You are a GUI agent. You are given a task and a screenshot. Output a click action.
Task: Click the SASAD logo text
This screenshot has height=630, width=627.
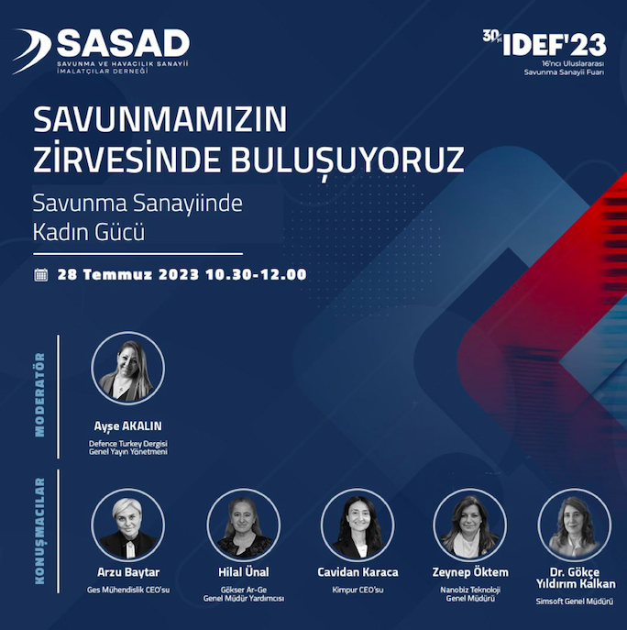point(124,43)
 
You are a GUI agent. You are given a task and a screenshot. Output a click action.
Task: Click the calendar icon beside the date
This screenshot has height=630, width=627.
point(41,275)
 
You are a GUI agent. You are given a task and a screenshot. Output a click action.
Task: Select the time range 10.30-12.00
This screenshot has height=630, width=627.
point(257,274)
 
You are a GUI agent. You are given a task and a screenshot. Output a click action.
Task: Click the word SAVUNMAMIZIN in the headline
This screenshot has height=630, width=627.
point(159,119)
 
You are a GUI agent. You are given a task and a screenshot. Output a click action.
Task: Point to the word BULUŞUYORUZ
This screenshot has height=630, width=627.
point(347,160)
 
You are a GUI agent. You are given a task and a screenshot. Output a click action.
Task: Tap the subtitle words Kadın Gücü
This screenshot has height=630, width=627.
point(88,232)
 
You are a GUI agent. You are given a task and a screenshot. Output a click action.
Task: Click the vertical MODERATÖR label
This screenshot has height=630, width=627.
point(40,395)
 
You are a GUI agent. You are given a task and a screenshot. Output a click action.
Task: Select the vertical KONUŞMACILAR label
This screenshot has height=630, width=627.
point(40,531)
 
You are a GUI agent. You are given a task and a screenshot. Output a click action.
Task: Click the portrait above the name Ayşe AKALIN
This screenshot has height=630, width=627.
point(127,368)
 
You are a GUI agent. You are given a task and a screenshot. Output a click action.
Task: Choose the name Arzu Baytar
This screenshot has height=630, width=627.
point(128,571)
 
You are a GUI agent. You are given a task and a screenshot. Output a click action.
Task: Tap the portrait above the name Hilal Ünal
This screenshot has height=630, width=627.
point(244,525)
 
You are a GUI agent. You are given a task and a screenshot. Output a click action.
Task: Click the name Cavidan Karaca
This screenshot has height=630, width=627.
point(357,571)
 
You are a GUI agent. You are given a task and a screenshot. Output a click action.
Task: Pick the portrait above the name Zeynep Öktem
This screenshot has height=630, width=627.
point(470,525)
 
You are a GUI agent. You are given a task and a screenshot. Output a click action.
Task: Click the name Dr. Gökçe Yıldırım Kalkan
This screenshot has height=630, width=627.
point(576,578)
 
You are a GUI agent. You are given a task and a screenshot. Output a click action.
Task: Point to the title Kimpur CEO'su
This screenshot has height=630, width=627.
point(357,590)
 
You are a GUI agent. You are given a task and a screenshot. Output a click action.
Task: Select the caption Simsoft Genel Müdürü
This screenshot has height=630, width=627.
point(575,602)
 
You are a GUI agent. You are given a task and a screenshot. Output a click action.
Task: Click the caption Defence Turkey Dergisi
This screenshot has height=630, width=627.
point(128,444)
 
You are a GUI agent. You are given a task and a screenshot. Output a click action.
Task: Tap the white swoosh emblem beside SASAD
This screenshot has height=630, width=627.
point(32,50)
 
